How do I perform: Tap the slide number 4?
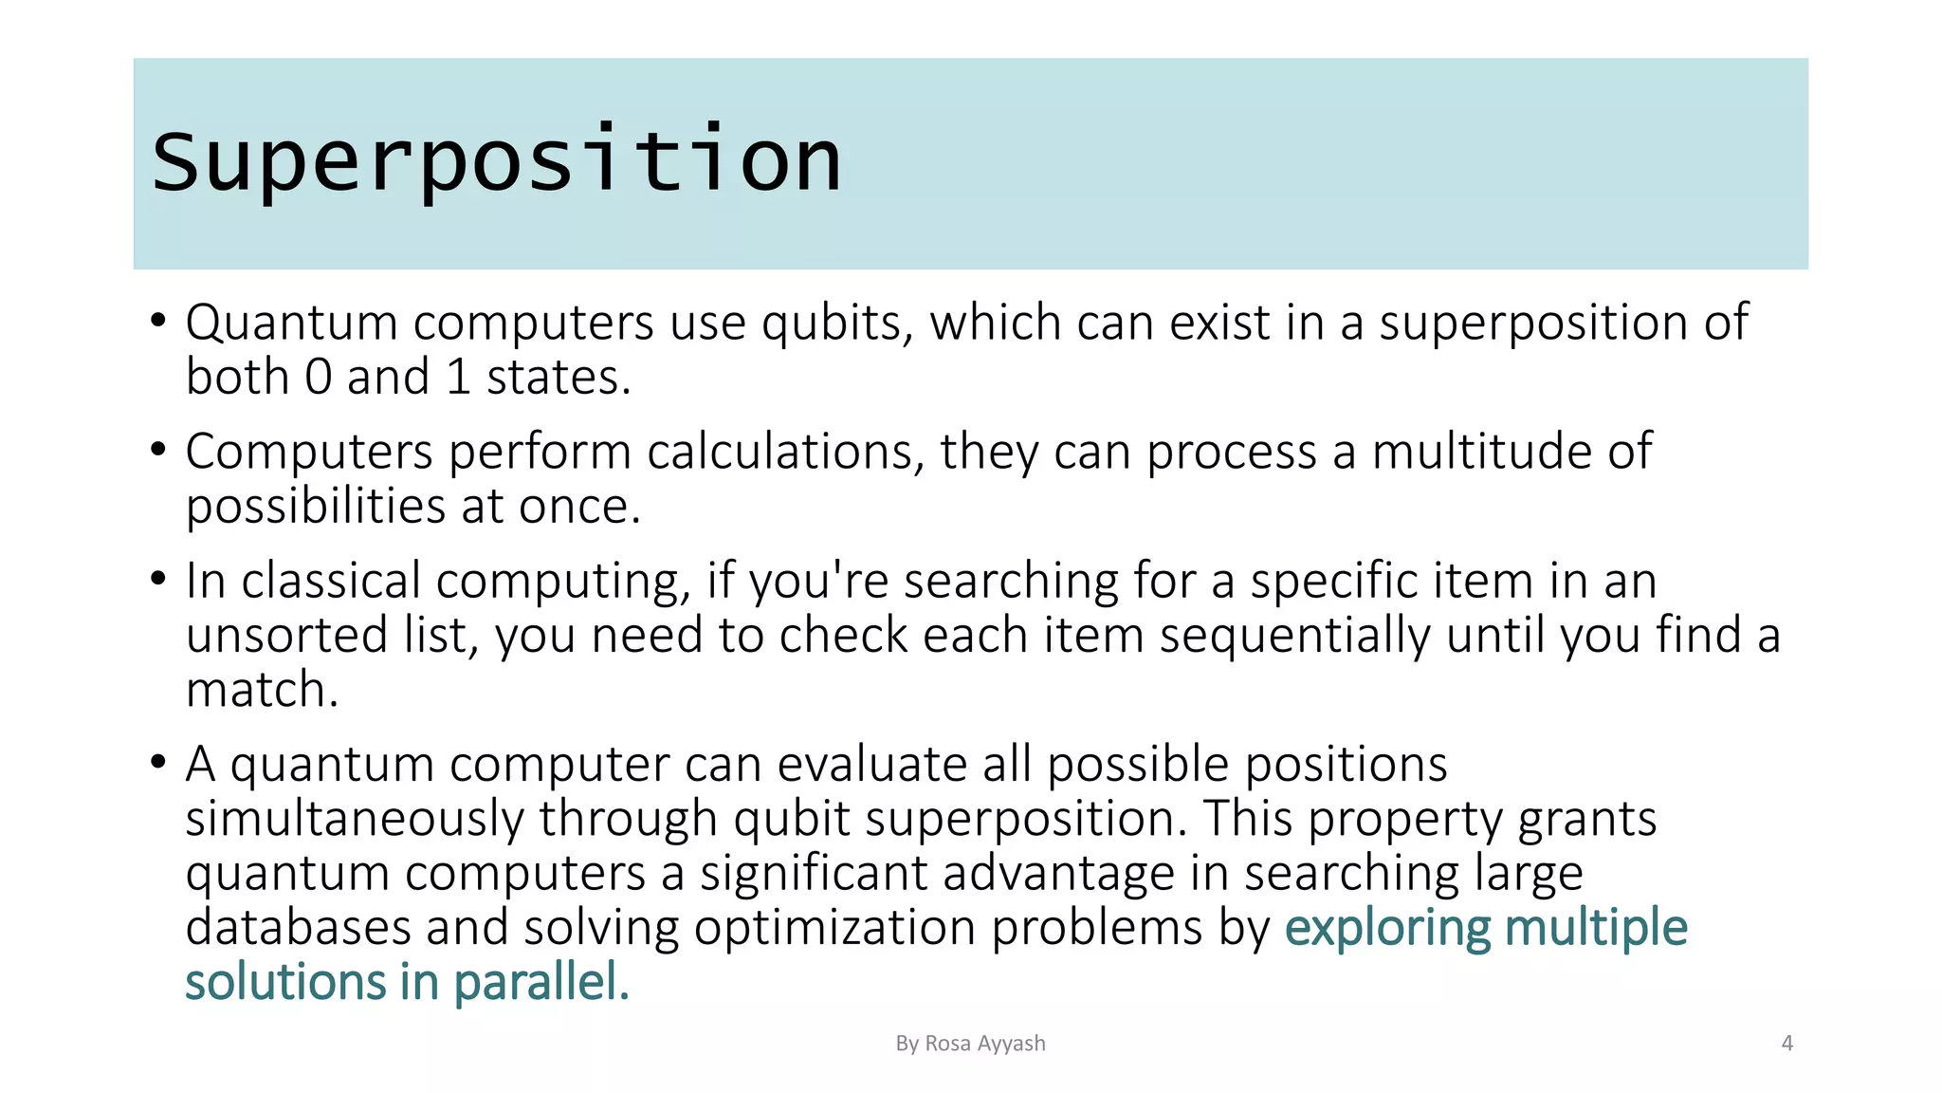(x=1787, y=1044)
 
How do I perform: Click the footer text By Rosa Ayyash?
(x=970, y=1044)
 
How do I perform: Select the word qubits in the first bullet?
(x=837, y=324)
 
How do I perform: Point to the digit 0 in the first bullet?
(x=319, y=378)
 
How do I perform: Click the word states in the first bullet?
(x=558, y=378)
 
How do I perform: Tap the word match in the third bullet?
(x=261, y=690)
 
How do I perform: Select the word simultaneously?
(x=355, y=819)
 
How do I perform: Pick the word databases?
(x=298, y=928)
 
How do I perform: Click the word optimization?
(x=834, y=928)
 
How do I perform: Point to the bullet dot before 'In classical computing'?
(x=158, y=579)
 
